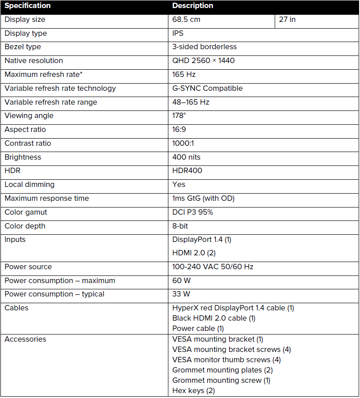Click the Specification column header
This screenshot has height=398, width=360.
click(28, 6)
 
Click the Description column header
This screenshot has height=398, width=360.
click(193, 6)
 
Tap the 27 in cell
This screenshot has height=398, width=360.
click(287, 20)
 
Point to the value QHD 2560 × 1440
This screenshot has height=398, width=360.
click(203, 61)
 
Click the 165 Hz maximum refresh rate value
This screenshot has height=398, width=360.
click(184, 74)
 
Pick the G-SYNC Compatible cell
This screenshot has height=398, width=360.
click(207, 88)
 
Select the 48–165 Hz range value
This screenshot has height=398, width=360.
click(191, 102)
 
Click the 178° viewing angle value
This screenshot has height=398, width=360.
click(179, 116)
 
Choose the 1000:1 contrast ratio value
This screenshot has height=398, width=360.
click(183, 144)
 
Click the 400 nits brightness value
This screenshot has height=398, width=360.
click(186, 157)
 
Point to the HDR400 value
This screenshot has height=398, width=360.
click(187, 171)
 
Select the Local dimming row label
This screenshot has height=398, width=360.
click(29, 185)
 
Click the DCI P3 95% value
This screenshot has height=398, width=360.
click(193, 212)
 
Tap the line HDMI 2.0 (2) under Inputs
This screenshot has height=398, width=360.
click(194, 253)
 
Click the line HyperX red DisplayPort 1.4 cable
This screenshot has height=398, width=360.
click(233, 308)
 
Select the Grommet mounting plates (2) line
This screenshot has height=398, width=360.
click(222, 370)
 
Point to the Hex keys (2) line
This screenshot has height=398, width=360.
click(193, 390)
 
